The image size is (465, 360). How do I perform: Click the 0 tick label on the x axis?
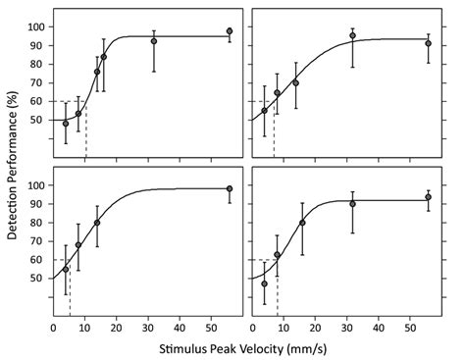(53, 327)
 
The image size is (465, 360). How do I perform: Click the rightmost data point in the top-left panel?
(230, 31)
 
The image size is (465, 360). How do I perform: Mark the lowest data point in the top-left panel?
(66, 124)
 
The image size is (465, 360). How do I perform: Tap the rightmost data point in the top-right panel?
(428, 43)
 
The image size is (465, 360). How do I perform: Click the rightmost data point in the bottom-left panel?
(230, 188)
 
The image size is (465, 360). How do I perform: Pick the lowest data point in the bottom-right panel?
(264, 283)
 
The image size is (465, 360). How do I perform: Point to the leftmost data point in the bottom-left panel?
(66, 269)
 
